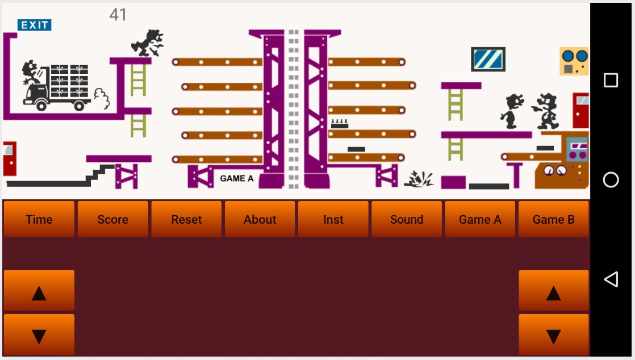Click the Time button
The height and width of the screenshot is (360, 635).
point(39,219)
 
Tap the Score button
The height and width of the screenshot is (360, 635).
point(112,219)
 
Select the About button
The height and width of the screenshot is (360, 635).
point(260,219)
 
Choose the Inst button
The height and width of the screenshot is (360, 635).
point(333,219)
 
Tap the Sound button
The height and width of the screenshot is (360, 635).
point(406,219)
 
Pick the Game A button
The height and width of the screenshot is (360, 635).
point(479,219)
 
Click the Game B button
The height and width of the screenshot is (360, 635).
point(553,219)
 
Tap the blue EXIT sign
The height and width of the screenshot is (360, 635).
point(35,25)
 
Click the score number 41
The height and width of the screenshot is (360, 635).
point(118,15)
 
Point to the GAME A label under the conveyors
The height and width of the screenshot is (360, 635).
point(236,178)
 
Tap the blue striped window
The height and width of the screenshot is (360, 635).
point(488,59)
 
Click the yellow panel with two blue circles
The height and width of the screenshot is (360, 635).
point(574,61)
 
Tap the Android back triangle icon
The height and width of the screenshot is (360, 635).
point(611,279)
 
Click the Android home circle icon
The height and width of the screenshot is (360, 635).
point(611,180)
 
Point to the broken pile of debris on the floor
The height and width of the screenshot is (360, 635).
point(419,179)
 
